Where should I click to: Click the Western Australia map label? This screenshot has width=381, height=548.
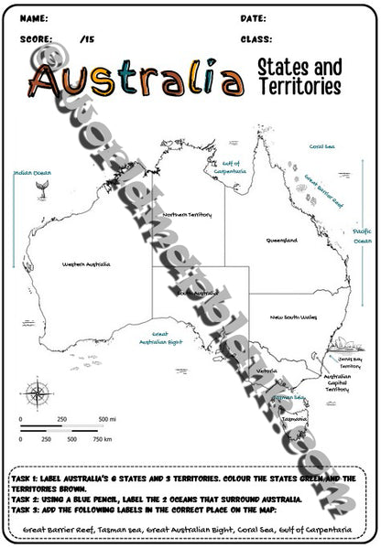click(86, 264)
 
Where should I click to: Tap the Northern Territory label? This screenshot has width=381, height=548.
click(187, 215)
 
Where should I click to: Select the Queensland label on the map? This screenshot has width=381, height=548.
click(281, 241)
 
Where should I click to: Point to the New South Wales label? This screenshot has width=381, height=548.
click(293, 317)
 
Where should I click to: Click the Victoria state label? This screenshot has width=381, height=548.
click(267, 371)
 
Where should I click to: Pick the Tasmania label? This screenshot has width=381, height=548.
click(293, 419)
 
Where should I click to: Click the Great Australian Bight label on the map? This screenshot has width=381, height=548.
click(167, 338)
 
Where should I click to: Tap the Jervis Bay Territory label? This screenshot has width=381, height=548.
click(352, 362)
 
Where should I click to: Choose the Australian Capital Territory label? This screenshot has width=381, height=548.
click(338, 382)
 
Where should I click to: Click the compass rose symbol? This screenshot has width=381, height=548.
click(37, 394)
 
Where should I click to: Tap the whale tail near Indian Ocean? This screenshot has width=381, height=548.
click(42, 187)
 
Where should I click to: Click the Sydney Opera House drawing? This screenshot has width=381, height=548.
click(343, 345)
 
